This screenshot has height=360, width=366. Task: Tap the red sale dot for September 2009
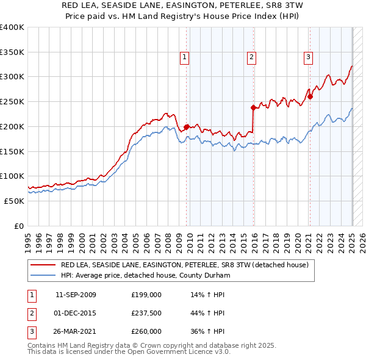186,127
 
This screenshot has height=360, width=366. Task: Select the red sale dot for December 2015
253,107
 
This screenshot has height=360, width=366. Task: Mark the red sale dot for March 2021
310,96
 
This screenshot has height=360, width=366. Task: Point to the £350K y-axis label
12,52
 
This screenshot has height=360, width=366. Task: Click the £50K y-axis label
14,201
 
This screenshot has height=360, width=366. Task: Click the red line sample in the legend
43,265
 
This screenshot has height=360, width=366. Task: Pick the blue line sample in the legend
43,276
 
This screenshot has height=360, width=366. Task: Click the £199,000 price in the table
146,295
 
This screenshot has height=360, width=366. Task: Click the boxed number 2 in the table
30,313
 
